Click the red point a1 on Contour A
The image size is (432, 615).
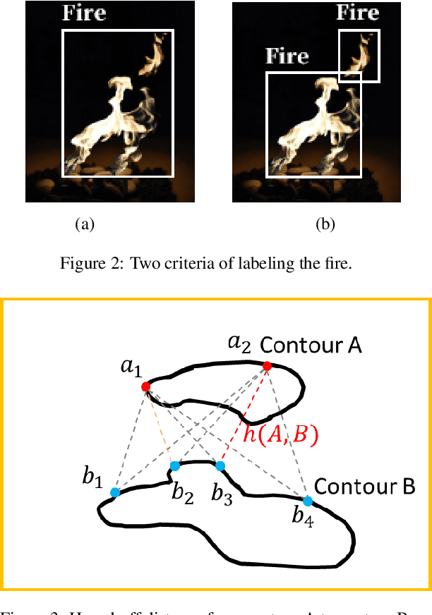coord(145,386)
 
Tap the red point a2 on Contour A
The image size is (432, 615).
coord(268,366)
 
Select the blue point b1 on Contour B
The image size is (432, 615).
coord(115,492)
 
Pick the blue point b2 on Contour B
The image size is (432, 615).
coord(175,466)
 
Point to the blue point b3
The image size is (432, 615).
coord(220,466)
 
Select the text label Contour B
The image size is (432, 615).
coord(364,487)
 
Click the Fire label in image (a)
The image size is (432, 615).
coord(85,13)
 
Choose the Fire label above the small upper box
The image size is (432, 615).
coord(358,13)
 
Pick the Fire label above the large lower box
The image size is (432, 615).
coord(287,56)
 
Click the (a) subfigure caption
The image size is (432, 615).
coord(85,225)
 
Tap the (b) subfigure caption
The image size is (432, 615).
coord(325,225)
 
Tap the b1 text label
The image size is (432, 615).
coord(92,478)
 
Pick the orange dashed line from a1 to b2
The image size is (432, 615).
coord(160,426)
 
